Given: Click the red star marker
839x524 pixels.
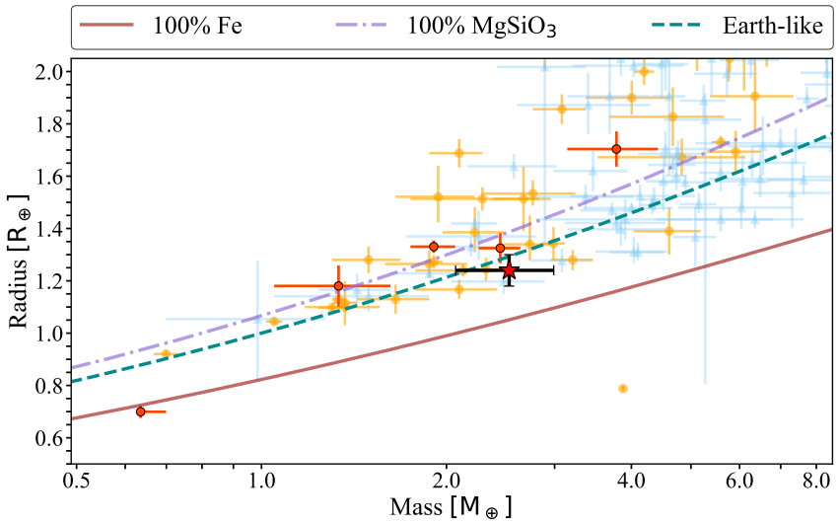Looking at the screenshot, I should coord(509,269).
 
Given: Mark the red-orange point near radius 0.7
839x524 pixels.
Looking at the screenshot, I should coord(140,412).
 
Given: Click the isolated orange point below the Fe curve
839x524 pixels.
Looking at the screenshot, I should coord(623,389).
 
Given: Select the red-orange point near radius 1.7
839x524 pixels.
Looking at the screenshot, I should coord(616,149).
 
